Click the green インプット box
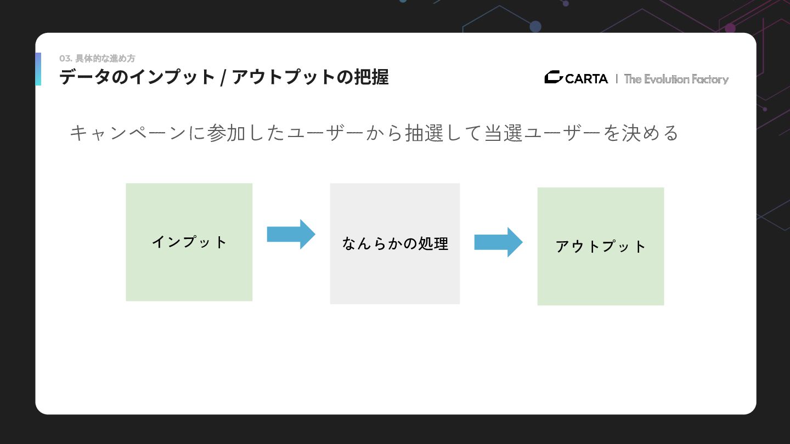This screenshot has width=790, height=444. pos(189,242)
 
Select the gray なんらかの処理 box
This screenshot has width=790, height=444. pos(394,243)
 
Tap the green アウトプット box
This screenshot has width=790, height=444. pos(600,246)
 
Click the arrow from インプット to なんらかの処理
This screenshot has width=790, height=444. pos(291,234)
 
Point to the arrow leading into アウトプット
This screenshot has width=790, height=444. pos(498,242)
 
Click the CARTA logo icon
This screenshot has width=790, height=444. pos(553,78)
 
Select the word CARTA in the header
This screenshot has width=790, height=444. pos(586,79)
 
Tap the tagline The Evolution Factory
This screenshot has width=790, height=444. pos(676,79)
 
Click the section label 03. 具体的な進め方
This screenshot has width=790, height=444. pos(97,59)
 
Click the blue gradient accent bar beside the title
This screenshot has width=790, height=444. pos(38,69)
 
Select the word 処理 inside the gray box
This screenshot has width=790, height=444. pos(433,243)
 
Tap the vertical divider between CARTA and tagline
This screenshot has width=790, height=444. pos(617,79)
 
